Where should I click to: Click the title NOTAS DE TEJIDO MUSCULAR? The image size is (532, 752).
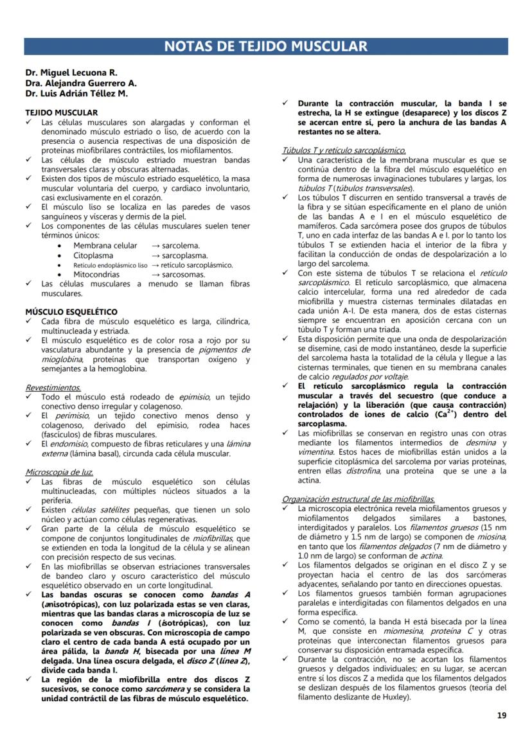[266, 46]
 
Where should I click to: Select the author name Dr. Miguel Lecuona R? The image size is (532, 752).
[71, 73]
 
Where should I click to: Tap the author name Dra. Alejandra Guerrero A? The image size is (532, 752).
[81, 83]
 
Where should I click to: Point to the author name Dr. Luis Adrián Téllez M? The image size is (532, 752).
[76, 94]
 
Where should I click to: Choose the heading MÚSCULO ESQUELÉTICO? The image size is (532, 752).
[71, 312]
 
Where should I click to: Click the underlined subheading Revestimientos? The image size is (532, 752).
[53, 388]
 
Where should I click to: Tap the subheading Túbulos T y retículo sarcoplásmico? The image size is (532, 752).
[344, 150]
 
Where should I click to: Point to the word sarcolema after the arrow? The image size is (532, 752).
[181, 246]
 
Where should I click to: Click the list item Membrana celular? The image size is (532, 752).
[105, 246]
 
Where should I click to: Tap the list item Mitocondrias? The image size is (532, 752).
[97, 274]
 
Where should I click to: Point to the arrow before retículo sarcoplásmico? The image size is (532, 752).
[155, 265]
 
